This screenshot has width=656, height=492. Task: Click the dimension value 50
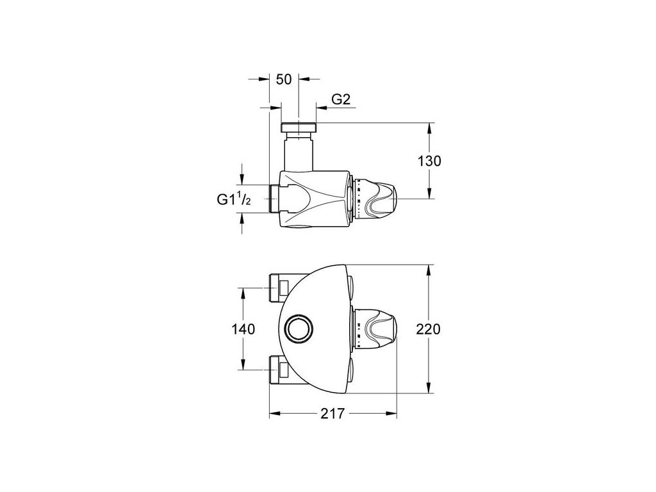[x=284, y=79]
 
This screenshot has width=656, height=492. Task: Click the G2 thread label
[x=341, y=99]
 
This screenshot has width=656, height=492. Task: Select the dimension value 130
[x=429, y=161]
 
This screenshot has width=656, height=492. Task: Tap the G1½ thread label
[x=234, y=200]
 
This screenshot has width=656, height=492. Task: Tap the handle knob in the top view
[x=375, y=199]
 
